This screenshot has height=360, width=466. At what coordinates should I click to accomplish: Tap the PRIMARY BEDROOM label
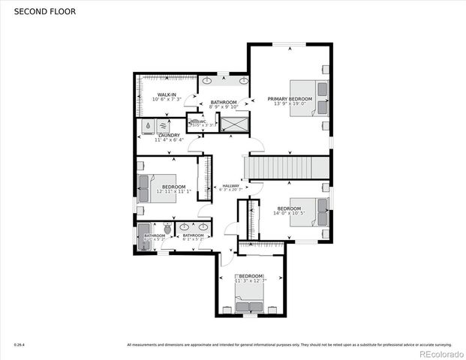pos(290,98)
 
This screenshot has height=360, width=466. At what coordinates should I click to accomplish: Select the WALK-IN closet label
pos(167,94)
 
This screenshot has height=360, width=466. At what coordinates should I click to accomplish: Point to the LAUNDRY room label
pos(168,135)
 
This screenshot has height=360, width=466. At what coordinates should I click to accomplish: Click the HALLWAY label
pos(230,185)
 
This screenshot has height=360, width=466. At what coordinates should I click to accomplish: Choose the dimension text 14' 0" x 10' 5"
pos(289,213)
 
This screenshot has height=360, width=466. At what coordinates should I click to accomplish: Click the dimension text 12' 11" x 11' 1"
pos(174,191)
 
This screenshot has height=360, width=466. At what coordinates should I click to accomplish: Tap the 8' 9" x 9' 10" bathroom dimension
pos(224,106)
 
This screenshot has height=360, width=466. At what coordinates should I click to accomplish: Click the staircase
pos(288,166)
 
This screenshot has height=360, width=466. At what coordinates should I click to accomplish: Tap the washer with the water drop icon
pos(149,127)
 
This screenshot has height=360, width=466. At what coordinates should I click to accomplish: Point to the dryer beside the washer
pos(164,127)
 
